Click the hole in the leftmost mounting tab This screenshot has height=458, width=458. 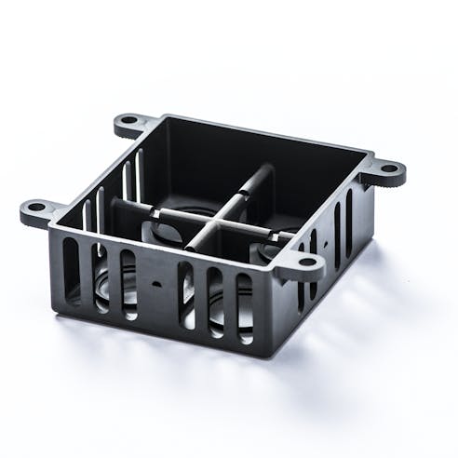pyautogui.click(x=35, y=207)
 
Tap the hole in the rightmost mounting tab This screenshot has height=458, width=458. pyautogui.click(x=389, y=169)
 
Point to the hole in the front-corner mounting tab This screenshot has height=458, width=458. pyautogui.click(x=305, y=263)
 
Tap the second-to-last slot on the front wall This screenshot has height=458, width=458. pyautogui.click(x=215, y=301)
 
